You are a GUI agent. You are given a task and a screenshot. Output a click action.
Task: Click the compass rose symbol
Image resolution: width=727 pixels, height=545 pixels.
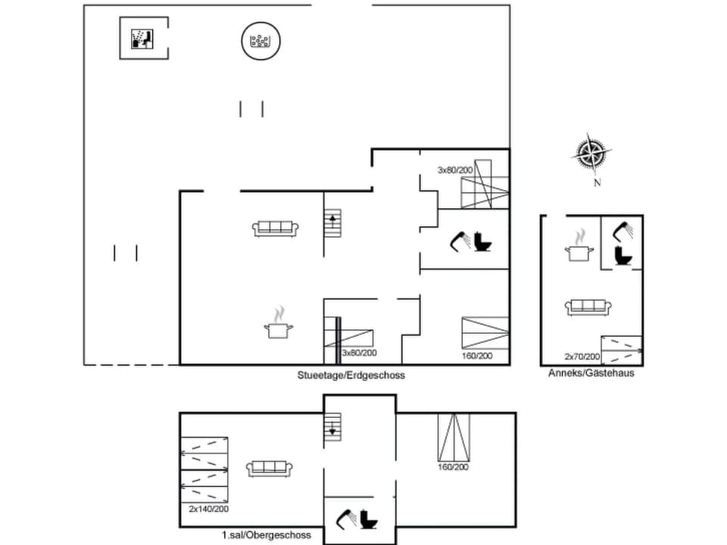click(591, 154)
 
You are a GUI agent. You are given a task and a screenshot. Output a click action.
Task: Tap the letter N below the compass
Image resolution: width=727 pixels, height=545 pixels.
click(597, 182)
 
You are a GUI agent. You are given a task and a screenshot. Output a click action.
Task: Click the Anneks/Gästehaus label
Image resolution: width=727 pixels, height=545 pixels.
click(591, 373)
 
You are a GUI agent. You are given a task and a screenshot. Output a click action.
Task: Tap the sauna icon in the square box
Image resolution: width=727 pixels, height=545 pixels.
click(143, 38)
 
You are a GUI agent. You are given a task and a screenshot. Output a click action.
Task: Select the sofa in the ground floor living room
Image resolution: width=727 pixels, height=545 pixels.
click(276, 228)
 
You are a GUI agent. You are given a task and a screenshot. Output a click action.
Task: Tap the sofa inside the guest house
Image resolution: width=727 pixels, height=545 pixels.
click(588, 307)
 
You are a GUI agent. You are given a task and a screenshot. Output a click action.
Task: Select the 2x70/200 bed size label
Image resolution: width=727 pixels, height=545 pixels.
click(582, 357)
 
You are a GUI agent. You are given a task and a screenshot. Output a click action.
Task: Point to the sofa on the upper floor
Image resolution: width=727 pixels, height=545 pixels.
click(270, 469)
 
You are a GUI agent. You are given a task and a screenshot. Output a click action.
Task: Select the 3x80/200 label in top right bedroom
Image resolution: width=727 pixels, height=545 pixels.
click(455, 170)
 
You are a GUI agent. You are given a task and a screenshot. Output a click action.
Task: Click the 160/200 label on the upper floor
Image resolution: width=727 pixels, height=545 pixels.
click(453, 467)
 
